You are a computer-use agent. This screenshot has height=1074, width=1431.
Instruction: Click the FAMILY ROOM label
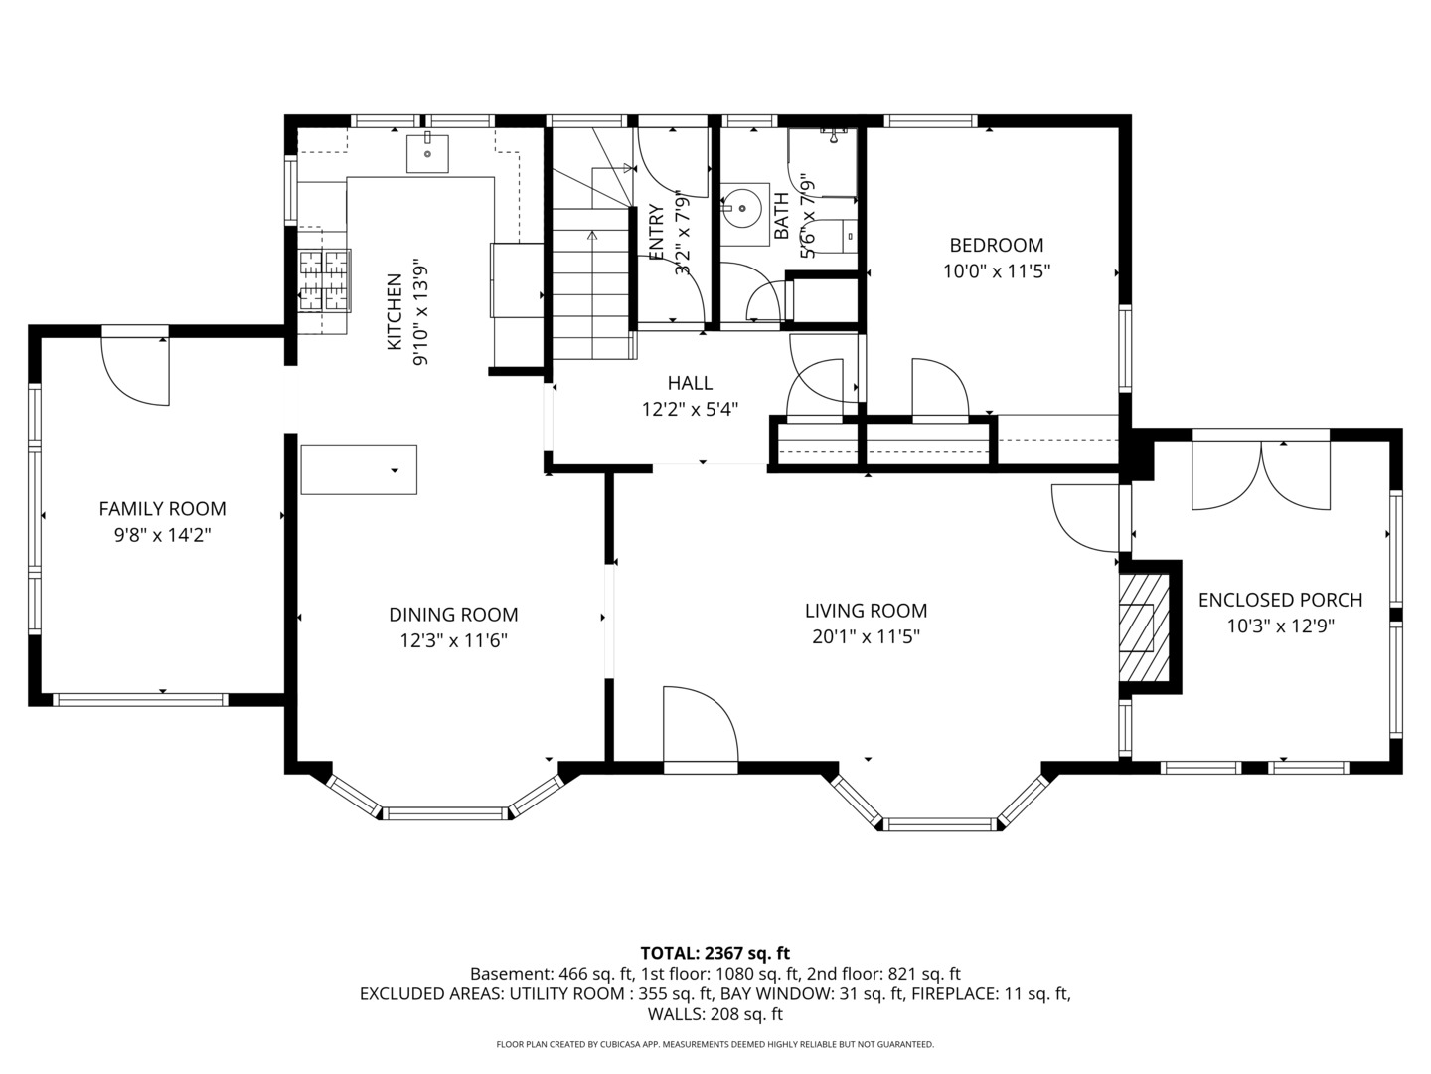click(x=162, y=509)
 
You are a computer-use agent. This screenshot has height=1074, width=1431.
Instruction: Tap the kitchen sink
click(x=427, y=154)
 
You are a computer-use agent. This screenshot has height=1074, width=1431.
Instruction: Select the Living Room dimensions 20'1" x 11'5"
click(x=866, y=637)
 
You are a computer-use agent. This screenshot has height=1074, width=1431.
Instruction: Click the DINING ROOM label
click(x=453, y=615)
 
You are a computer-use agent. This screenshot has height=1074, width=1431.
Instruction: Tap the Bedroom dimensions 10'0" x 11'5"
click(x=996, y=270)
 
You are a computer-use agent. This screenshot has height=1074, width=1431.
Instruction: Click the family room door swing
click(x=135, y=371)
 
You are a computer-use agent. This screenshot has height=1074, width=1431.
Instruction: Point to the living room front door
click(x=700, y=726)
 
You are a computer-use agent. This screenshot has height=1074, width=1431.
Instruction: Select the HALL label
click(x=690, y=383)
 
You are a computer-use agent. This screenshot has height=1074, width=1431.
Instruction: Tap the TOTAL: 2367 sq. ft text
click(x=715, y=953)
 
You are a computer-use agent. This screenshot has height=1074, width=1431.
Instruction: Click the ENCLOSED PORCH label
click(x=1280, y=600)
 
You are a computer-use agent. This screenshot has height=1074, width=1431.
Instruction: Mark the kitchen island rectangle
click(x=359, y=469)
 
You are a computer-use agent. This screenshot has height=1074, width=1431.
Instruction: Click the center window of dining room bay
click(x=446, y=813)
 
